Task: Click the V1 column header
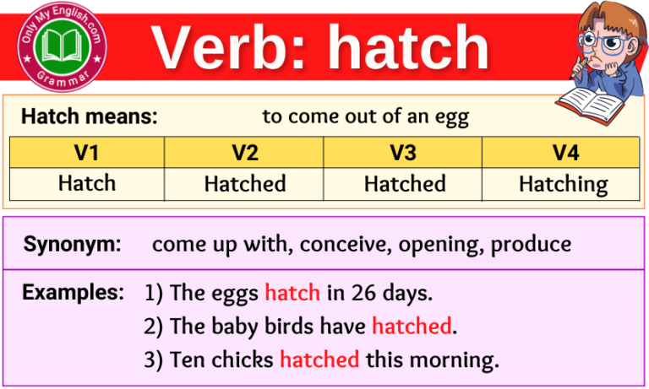tap(87, 153)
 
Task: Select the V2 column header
tap(245, 153)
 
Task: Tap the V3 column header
tap(404, 153)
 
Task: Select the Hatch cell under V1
tap(87, 183)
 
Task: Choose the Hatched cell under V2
tap(245, 183)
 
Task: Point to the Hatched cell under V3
tap(404, 183)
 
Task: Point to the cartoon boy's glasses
tap(602, 39)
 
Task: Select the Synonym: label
tap(72, 245)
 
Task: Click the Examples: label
tap(73, 293)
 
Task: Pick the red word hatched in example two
tap(412, 326)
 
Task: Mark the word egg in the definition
tap(450, 117)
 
